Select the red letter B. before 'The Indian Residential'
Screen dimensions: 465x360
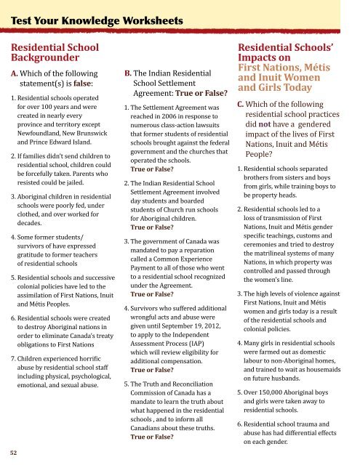128,73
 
